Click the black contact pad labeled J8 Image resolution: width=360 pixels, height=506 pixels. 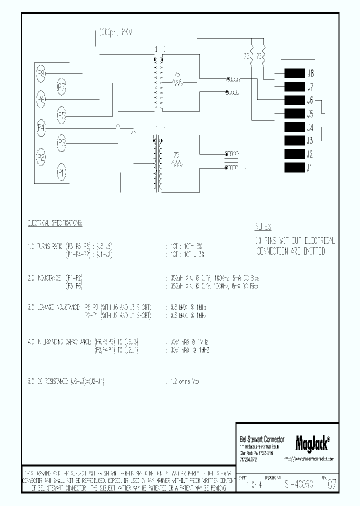(294, 74)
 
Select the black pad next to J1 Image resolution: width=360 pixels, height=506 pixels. (294, 168)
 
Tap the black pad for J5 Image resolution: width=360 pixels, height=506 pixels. (294, 113)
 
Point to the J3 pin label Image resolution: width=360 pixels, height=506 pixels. (310, 140)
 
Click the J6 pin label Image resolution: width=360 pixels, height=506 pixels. (310, 100)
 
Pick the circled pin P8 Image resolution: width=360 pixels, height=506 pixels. (41, 73)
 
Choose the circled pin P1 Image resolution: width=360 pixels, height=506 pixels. (61, 173)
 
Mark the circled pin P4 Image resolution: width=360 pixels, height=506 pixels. (41, 128)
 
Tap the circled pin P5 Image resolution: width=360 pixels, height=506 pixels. (61, 115)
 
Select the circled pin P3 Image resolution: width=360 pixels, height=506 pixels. (61, 143)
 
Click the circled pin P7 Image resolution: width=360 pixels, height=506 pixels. (61, 88)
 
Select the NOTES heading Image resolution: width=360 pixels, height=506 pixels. (263, 225)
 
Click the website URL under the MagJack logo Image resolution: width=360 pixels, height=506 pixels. (308, 458)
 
